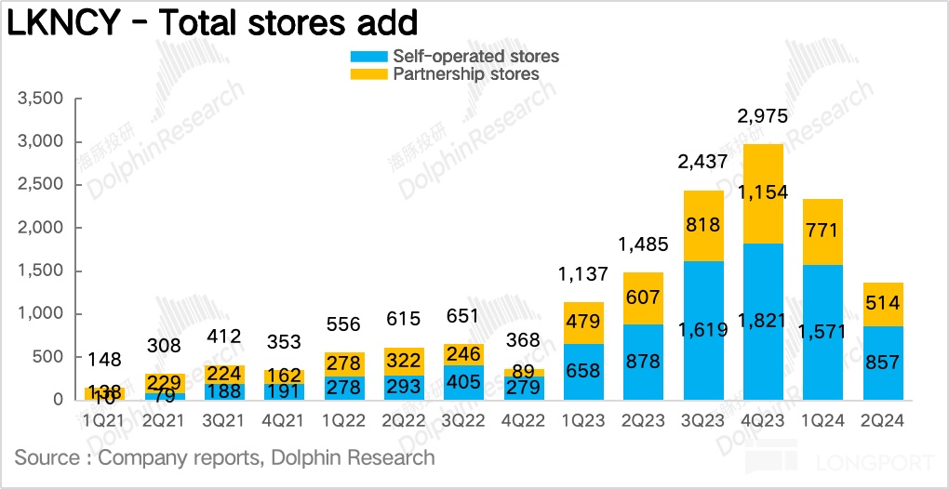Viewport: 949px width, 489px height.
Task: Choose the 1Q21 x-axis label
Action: click(104, 419)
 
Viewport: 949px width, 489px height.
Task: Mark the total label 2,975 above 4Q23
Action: click(762, 116)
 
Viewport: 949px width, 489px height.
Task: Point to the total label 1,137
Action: click(583, 275)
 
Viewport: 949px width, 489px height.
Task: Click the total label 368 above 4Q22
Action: click(524, 340)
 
